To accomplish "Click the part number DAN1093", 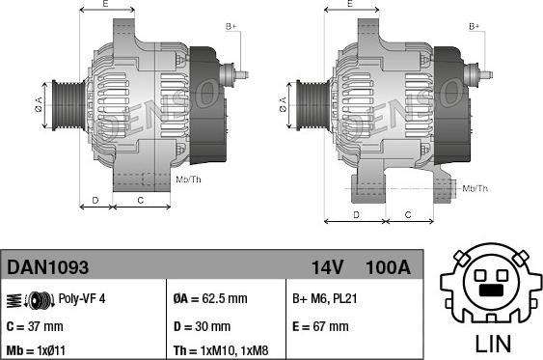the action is (x=48, y=267).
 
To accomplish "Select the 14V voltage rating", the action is (x=327, y=267).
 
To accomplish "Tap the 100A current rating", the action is (x=388, y=267).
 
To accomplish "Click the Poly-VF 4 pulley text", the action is (x=82, y=298).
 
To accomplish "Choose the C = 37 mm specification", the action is (x=35, y=326).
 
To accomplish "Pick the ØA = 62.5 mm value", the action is (x=210, y=298).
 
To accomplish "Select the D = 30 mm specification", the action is (x=202, y=326).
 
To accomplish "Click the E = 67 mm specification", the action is (x=320, y=326).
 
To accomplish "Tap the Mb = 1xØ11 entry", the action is (x=36, y=350).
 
